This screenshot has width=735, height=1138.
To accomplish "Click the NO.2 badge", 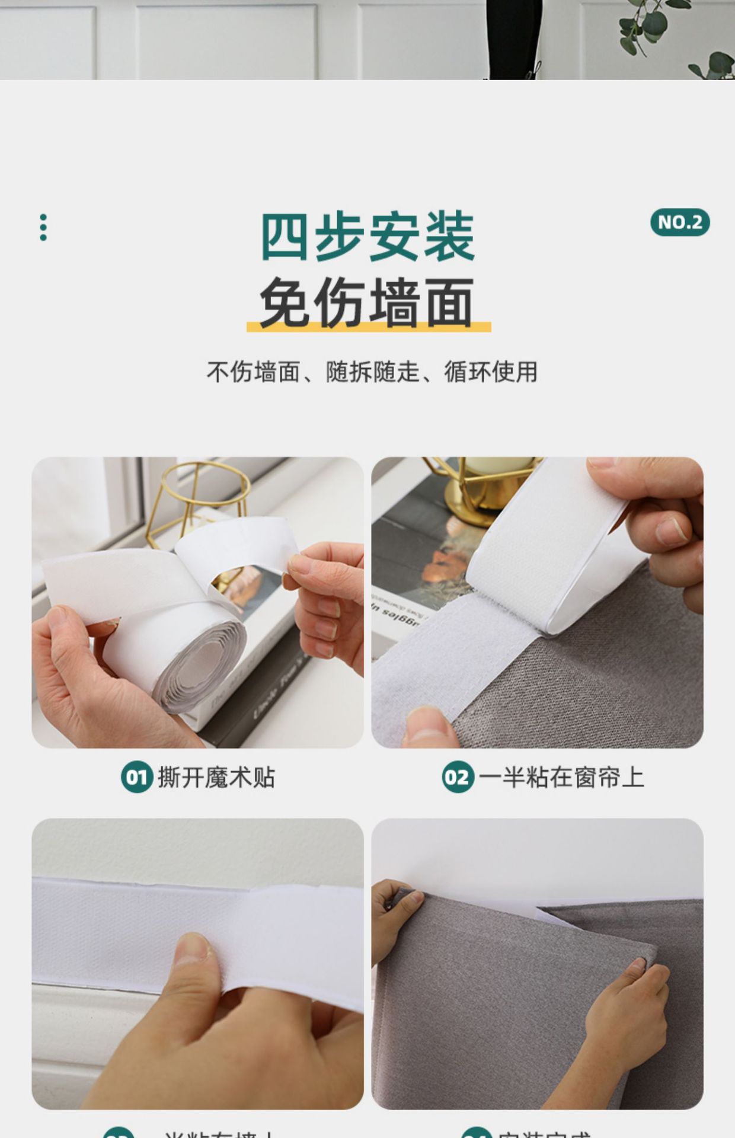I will [679, 222].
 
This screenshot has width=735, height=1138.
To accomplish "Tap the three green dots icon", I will [43, 228].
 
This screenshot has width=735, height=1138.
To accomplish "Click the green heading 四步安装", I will [367, 236].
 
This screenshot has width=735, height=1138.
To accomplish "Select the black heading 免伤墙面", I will [367, 302].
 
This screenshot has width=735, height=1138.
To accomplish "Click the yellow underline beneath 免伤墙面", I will [369, 327].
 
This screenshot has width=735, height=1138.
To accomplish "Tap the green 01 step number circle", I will [136, 777].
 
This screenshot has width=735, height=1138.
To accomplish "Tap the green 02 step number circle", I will [458, 777].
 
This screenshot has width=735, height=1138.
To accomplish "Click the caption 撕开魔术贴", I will [216, 777].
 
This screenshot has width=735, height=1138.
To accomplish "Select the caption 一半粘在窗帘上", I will [561, 777].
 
